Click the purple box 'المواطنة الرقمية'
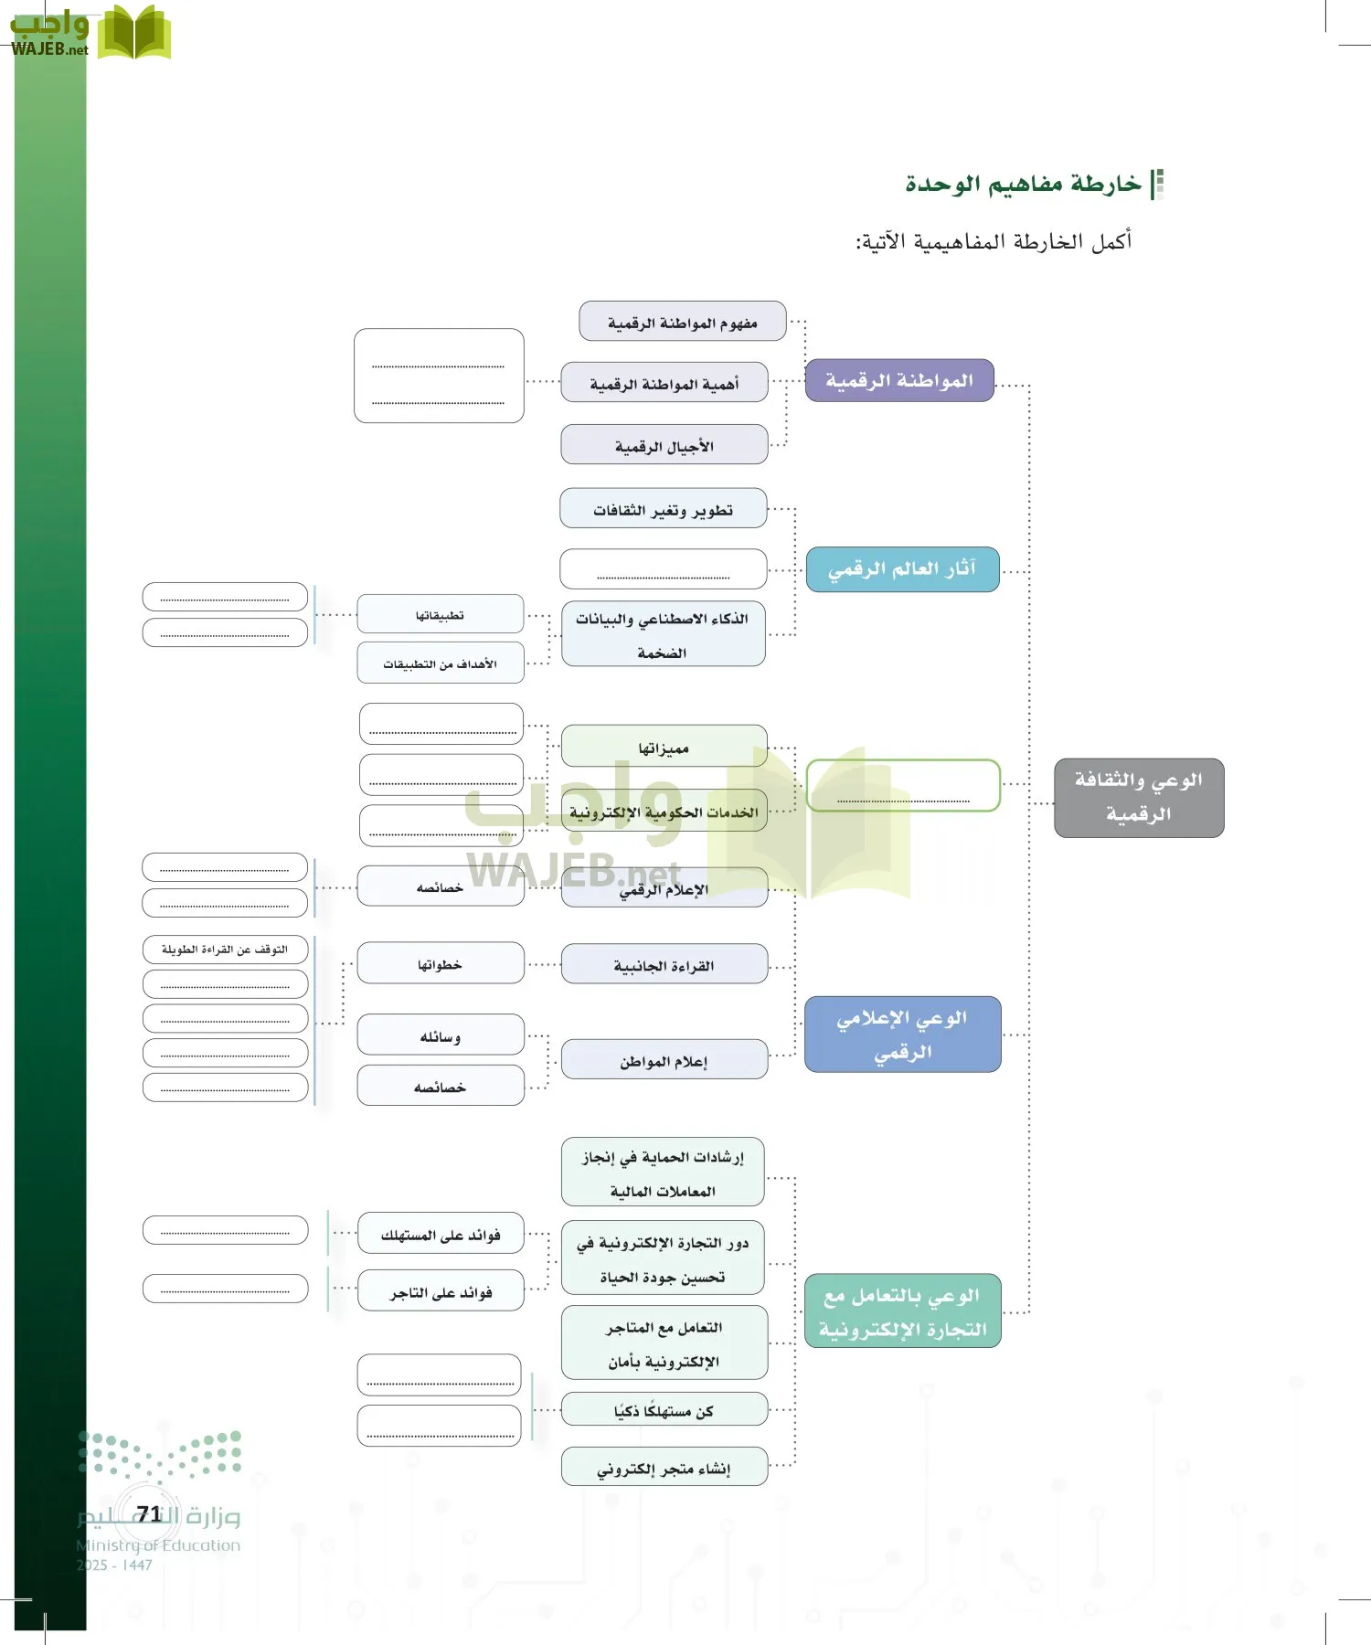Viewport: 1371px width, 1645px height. tap(899, 380)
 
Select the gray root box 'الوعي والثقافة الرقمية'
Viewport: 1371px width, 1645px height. tap(1139, 797)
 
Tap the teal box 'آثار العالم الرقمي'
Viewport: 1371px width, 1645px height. tap(902, 569)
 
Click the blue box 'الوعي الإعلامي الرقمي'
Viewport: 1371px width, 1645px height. tap(902, 1034)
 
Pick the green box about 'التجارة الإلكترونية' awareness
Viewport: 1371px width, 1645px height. tap(902, 1311)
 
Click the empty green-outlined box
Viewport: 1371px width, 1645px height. tap(903, 785)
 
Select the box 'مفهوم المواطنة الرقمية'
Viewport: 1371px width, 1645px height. tap(682, 322)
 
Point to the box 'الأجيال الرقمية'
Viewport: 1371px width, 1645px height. tap(664, 445)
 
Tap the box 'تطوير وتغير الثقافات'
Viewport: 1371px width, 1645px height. tap(664, 509)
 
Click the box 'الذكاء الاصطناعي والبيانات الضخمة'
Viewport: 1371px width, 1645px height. tap(664, 634)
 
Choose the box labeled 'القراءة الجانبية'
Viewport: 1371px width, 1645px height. tap(664, 965)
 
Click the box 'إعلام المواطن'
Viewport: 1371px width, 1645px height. tap(664, 1060)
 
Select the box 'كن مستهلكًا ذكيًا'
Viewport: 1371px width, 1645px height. tap(664, 1410)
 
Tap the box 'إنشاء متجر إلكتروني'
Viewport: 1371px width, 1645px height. tap(664, 1468)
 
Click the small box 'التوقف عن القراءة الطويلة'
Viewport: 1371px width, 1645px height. tap(225, 950)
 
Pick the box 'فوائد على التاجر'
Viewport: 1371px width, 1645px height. tap(441, 1291)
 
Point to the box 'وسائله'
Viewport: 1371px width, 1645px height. tap(441, 1035)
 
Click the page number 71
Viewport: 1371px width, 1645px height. tap(149, 1514)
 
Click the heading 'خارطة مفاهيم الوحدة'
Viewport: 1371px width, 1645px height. tap(1024, 184)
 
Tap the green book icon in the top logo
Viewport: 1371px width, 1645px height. tap(133, 33)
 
